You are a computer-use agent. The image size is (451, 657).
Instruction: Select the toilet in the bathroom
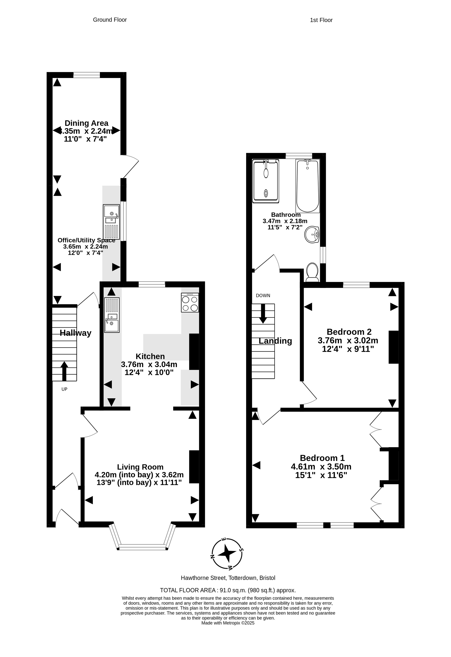pyautogui.click(x=312, y=272)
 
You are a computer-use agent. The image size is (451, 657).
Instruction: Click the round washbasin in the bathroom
pyautogui.click(x=312, y=234)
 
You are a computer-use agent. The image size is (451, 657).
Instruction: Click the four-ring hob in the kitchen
pyautogui.click(x=190, y=303)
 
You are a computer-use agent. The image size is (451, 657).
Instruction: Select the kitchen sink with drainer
pyautogui.click(x=112, y=315)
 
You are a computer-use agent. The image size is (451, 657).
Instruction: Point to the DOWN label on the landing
pyautogui.click(x=263, y=296)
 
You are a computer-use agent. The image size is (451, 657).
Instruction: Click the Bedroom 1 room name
pyautogui.click(x=322, y=458)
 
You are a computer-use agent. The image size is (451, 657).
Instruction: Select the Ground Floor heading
pyautogui.click(x=110, y=20)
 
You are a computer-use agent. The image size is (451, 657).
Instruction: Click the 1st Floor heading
pyautogui.click(x=321, y=20)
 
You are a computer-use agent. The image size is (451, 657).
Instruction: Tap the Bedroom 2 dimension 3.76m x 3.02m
pyautogui.click(x=348, y=340)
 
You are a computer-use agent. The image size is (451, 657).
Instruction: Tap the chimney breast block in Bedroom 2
pyautogui.click(x=394, y=347)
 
